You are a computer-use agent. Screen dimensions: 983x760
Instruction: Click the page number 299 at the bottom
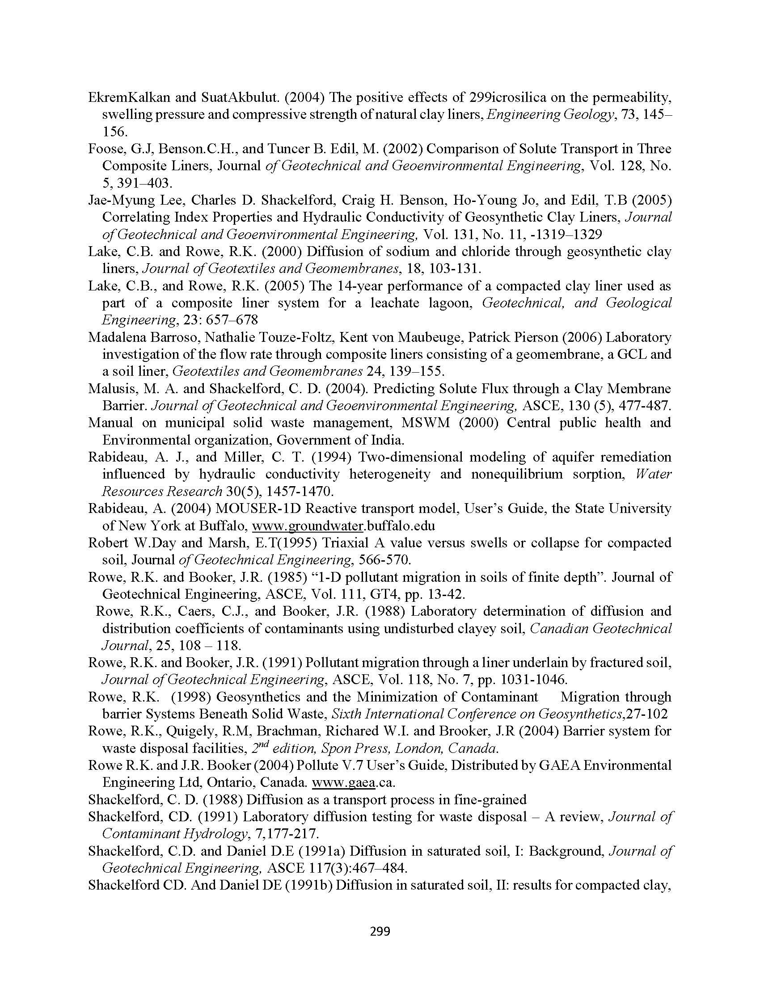click(x=380, y=931)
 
